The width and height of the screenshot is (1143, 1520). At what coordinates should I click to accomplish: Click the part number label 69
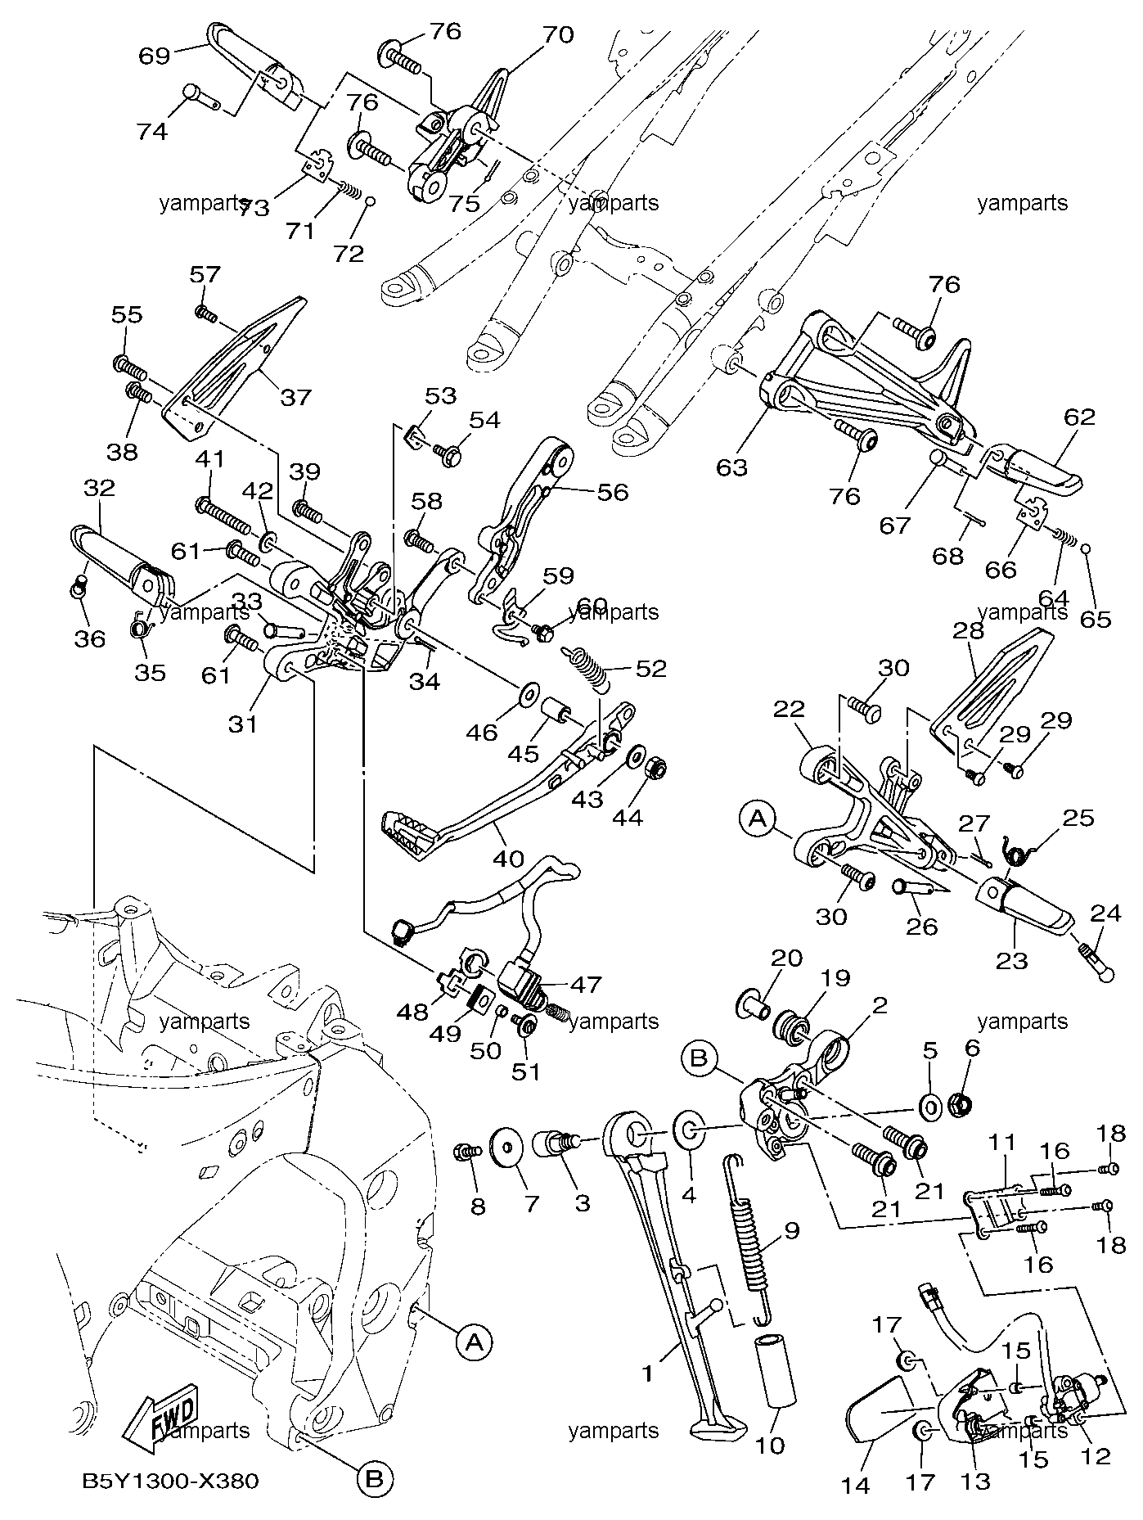click(x=155, y=56)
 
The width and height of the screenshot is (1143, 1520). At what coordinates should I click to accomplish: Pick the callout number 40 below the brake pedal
click(x=508, y=859)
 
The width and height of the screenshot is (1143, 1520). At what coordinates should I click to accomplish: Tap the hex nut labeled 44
click(x=659, y=770)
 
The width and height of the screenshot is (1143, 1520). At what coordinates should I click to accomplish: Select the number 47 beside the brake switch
click(x=587, y=984)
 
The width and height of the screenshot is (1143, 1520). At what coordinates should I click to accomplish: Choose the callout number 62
click(x=1079, y=417)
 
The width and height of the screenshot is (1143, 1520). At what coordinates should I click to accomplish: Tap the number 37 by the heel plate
click(x=296, y=397)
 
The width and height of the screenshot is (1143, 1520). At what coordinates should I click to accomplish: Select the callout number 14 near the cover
click(x=856, y=1486)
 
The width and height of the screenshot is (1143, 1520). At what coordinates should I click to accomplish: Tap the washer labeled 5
click(x=930, y=1107)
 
